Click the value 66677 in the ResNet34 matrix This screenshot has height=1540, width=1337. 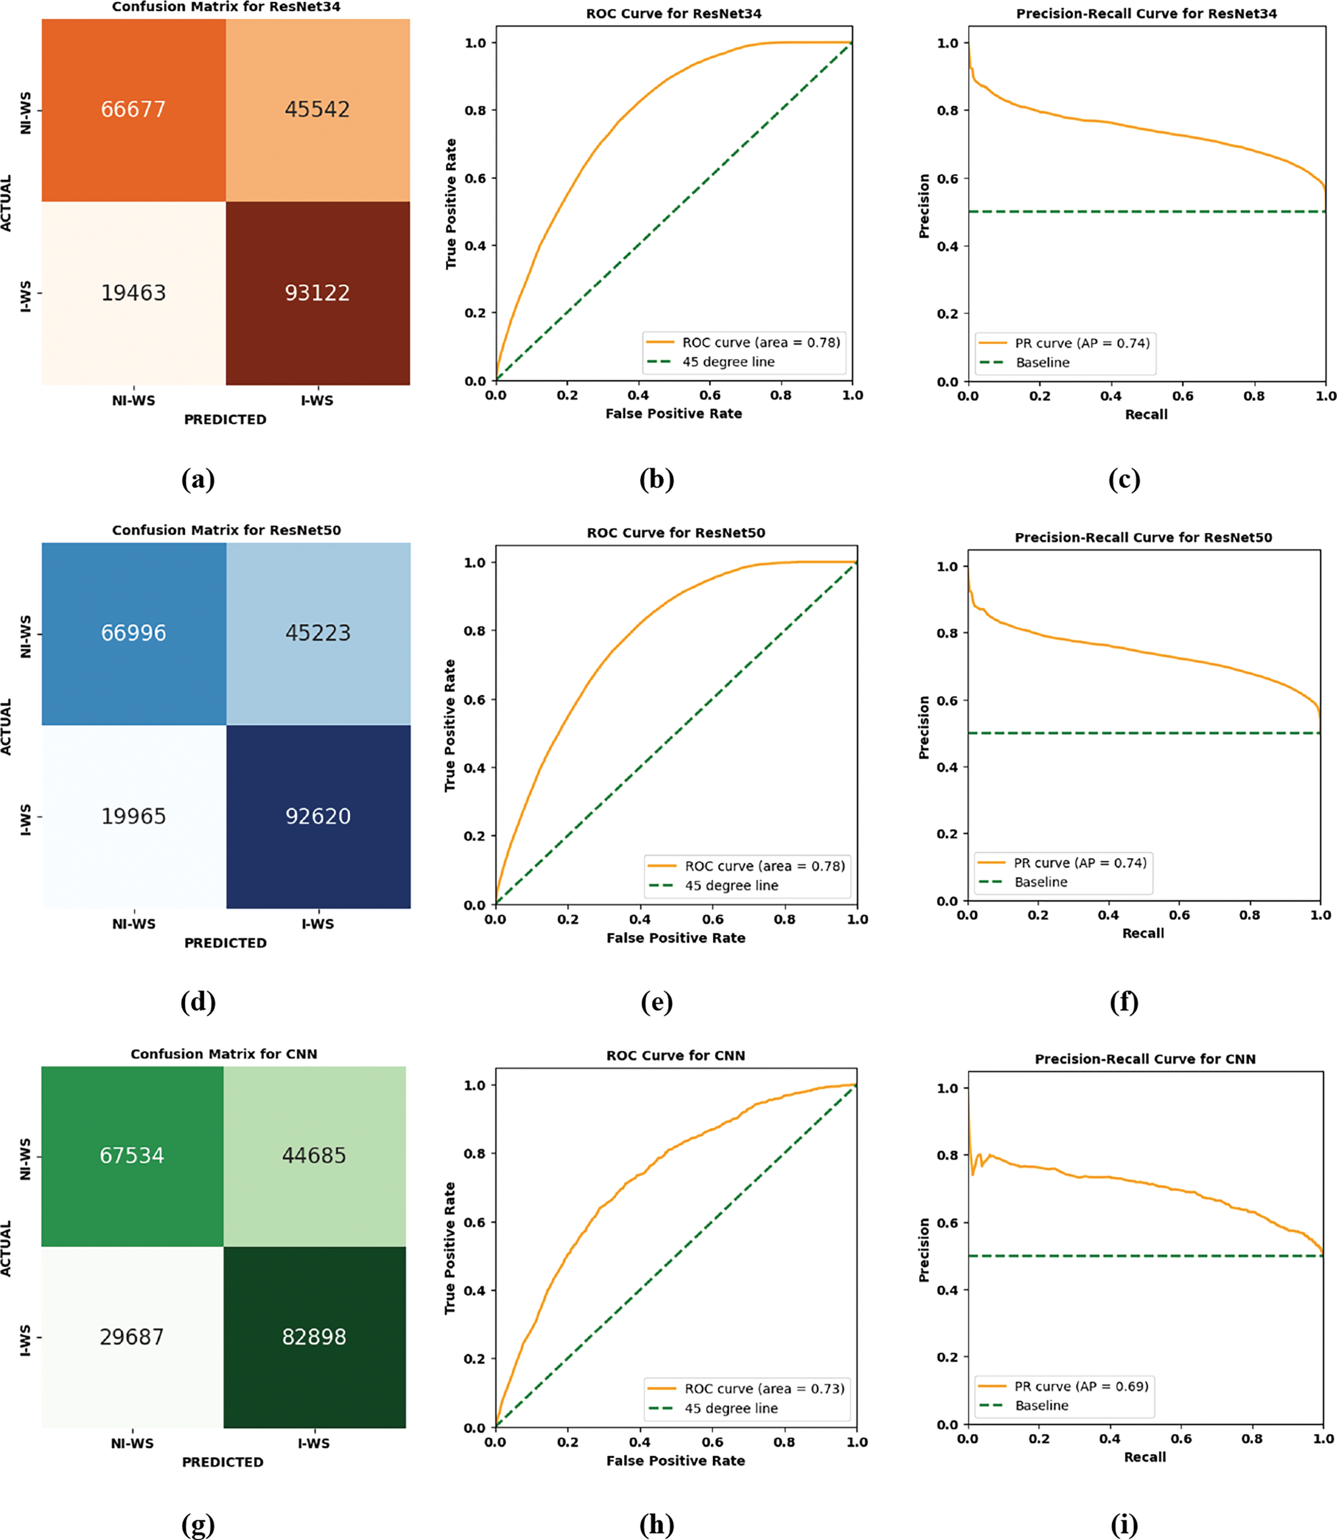coord(133,110)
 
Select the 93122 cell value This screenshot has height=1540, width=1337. coord(317,293)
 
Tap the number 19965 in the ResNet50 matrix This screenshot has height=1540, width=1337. coord(133,816)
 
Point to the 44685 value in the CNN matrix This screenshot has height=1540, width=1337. coord(314,1156)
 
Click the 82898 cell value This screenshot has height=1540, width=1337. coord(314,1337)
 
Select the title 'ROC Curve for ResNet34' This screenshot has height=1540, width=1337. coord(674,14)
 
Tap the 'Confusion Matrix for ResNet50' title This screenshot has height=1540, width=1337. coord(226,531)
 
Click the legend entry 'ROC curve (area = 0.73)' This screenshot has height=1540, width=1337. coord(764,1389)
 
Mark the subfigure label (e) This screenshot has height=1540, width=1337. coord(656,1002)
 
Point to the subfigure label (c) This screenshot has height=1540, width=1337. coord(1124,479)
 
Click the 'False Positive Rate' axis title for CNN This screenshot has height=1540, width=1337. coord(675,1461)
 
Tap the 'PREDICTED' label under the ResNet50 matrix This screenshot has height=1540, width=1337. coord(225,943)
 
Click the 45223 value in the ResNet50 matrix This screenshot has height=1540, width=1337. coord(318,634)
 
